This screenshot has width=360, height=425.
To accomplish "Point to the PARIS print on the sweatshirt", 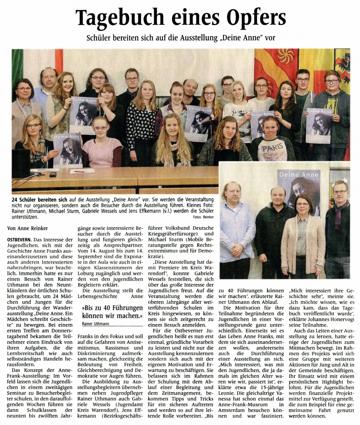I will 275,147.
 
